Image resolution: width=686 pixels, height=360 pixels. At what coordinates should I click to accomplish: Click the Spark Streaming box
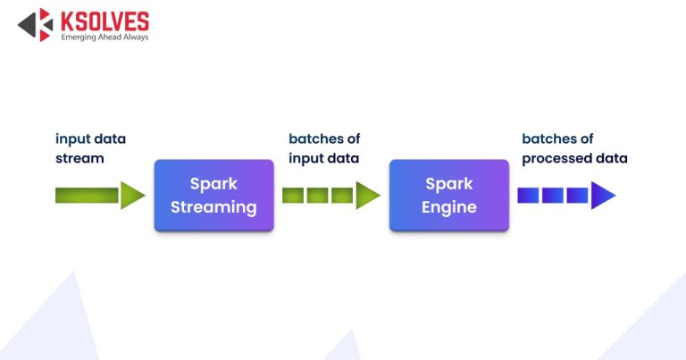tap(213, 196)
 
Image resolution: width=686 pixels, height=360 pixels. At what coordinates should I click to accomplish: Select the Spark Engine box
tap(448, 196)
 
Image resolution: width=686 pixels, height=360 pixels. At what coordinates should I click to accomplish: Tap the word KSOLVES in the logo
tap(105, 21)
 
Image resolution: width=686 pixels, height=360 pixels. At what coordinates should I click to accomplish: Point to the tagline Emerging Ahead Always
tap(105, 38)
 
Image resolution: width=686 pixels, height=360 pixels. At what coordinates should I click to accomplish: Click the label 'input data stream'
tap(90, 148)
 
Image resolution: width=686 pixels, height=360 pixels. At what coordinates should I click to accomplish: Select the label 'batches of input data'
tap(323, 148)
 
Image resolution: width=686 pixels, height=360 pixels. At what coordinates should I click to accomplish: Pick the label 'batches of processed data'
tap(574, 148)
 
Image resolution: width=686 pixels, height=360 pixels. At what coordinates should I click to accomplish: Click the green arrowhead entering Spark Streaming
tap(132, 196)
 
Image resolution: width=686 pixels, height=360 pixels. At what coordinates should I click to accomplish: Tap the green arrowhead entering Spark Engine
tap(367, 196)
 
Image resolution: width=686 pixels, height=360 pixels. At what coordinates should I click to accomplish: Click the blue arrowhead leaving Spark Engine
tap(603, 196)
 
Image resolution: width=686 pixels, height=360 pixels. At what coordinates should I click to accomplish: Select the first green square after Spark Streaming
tap(293, 196)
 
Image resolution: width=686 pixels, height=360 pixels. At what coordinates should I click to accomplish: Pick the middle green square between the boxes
tap(317, 196)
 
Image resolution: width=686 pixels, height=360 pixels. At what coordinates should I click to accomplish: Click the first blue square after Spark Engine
tap(528, 196)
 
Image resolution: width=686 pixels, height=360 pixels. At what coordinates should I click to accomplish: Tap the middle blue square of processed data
tap(552, 196)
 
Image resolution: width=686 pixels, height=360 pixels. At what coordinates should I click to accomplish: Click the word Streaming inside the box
tap(213, 207)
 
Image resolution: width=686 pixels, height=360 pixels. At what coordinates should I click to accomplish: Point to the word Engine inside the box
tap(448, 207)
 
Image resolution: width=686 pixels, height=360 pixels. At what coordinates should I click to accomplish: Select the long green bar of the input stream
tap(87, 196)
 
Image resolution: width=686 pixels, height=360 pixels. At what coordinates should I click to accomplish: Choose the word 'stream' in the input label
tap(79, 158)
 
